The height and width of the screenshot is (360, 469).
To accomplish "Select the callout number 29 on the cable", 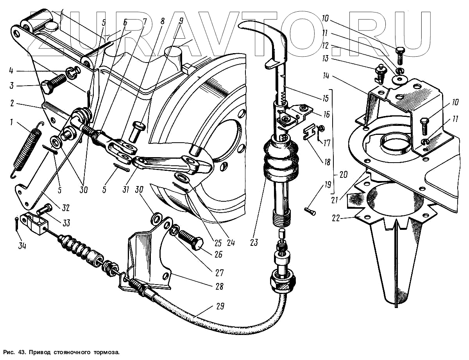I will [220, 306].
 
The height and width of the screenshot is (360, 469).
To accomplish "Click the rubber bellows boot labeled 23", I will [281, 159].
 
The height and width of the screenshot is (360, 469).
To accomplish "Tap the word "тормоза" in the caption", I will [105, 352].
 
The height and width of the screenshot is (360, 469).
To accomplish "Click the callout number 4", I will [11, 72].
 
